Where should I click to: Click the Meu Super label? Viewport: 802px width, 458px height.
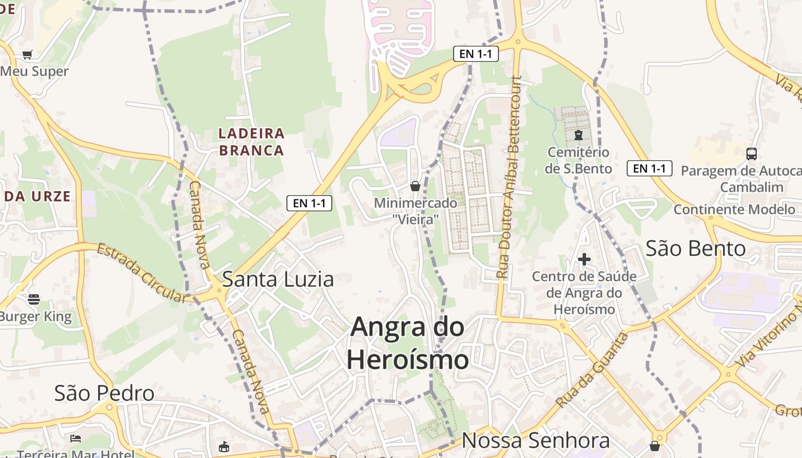34,72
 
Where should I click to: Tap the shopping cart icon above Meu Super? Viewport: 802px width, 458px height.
27,55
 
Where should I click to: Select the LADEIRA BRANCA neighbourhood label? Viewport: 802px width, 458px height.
251,142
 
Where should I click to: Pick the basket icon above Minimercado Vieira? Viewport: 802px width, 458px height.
415,186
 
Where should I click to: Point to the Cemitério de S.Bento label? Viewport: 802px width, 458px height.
578,160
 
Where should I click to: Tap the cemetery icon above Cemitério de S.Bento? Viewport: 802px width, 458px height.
578,136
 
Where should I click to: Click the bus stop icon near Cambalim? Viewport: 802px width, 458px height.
751,153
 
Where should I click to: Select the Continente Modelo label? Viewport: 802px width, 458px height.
734,210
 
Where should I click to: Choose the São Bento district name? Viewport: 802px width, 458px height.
695,249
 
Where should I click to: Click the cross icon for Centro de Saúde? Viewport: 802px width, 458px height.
584,260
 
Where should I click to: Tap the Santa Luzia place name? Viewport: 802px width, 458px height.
278,279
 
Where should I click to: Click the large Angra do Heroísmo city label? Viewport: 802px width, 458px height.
408,343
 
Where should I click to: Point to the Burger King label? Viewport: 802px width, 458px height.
36,317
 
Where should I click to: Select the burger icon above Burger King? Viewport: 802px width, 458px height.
34,299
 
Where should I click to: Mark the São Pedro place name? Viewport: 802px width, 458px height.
104,393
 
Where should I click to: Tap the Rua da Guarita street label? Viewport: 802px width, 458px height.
592,370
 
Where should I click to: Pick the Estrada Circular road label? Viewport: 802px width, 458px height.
141,273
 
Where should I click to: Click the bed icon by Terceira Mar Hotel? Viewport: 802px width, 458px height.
75,439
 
